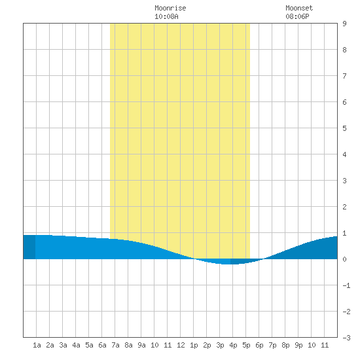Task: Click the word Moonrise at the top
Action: [x=170, y=8]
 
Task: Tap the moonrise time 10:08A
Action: [x=166, y=16]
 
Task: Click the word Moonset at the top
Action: [x=299, y=8]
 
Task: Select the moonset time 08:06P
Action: [x=297, y=16]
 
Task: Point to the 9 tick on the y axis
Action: [x=344, y=24]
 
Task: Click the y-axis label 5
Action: [x=344, y=128]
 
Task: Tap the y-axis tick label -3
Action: [x=346, y=338]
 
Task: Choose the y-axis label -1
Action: [x=346, y=285]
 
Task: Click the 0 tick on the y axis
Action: [x=344, y=259]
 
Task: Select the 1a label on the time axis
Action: [x=37, y=345]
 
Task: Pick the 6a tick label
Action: [x=102, y=345]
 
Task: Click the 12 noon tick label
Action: [x=181, y=345]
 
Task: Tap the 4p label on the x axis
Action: [x=233, y=345]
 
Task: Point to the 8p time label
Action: [x=285, y=345]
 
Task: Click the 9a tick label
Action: [x=141, y=345]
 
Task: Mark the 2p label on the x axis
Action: [x=207, y=345]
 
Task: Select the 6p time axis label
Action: [x=259, y=345]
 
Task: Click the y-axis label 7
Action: [x=344, y=76]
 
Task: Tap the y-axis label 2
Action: [x=344, y=207]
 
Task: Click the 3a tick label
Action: [x=63, y=345]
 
